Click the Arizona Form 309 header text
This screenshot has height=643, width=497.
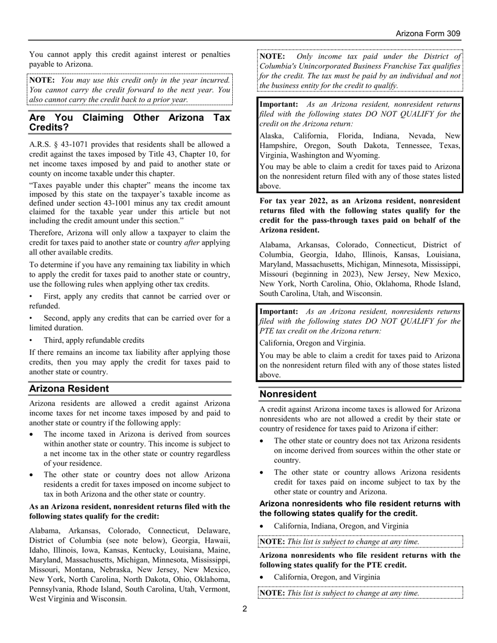427,33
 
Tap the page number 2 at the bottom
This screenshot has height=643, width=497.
244,608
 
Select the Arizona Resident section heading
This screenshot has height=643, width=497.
69,388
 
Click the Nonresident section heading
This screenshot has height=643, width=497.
288,394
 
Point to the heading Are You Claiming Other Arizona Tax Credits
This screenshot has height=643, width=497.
129,122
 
